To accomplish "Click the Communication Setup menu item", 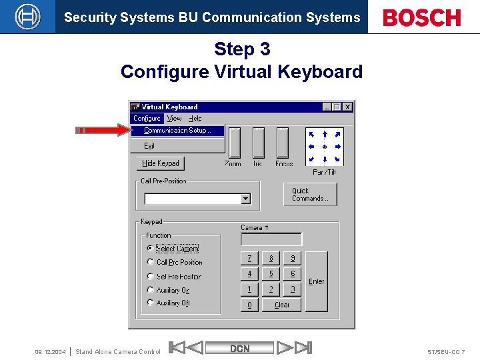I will [x=177, y=131].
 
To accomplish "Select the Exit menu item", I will [x=149, y=146].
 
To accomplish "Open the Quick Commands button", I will [x=310, y=195].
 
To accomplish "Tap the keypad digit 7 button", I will [x=249, y=258].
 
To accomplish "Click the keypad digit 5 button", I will [x=271, y=274].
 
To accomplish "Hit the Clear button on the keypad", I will [x=282, y=305].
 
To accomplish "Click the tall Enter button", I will [x=317, y=281].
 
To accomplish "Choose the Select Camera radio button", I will [x=151, y=248].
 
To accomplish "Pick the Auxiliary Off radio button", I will [x=151, y=303].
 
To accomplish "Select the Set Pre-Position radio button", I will [x=151, y=276].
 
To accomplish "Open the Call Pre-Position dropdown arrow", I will [x=245, y=199].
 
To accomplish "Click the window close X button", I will [x=347, y=107].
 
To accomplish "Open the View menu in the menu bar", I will [x=174, y=119].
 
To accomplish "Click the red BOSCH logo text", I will [x=422, y=17].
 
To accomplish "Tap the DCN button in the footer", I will [x=240, y=348].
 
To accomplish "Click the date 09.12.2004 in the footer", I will [x=50, y=351].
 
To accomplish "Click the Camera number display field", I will [x=271, y=239].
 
